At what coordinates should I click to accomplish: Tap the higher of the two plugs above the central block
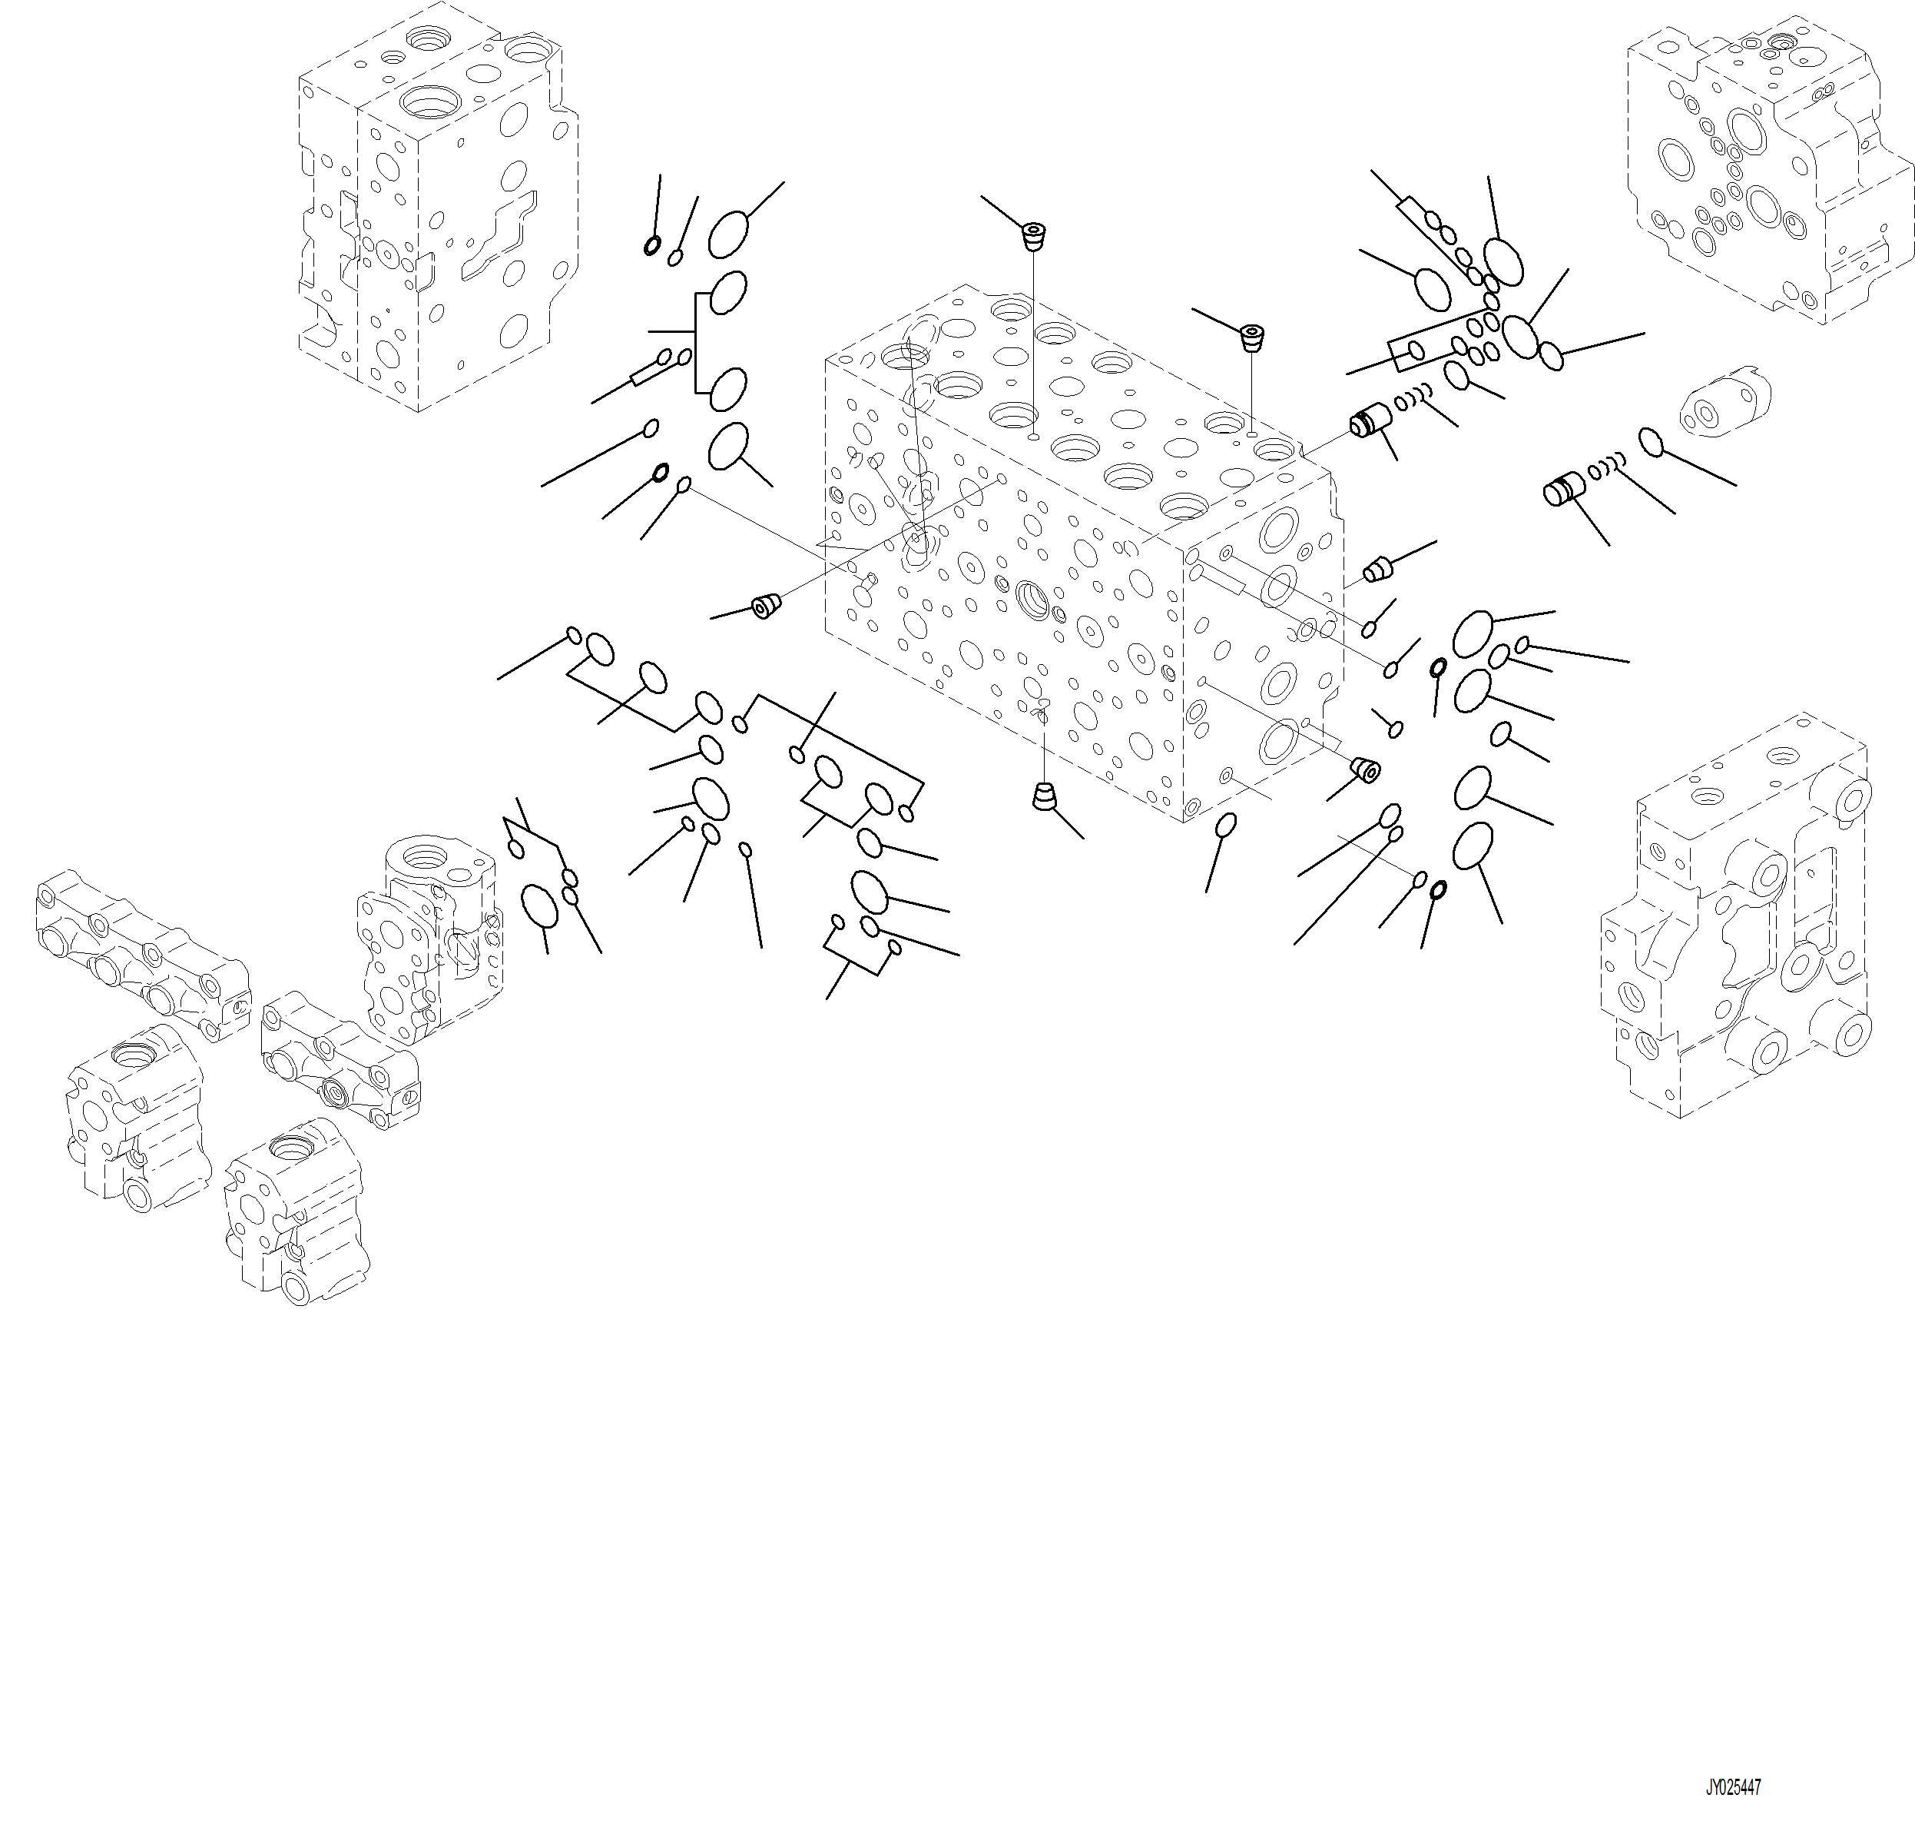(1033, 236)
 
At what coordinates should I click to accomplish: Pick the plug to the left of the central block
(767, 606)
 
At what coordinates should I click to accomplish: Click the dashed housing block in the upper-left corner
(437, 208)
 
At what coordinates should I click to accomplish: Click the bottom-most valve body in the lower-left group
(297, 1210)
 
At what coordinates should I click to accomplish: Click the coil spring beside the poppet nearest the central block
(1414, 397)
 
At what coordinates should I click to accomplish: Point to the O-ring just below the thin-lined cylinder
(1650, 441)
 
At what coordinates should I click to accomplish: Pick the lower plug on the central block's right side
(1365, 769)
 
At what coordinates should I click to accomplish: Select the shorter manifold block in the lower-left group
(340, 1060)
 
